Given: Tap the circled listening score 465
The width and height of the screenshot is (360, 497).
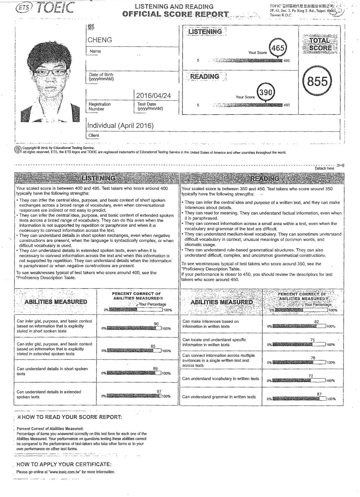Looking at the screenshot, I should [x=278, y=48].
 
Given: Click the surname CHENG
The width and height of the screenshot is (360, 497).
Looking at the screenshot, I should [x=100, y=40].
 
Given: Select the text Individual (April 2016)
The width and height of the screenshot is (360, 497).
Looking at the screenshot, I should [x=121, y=125].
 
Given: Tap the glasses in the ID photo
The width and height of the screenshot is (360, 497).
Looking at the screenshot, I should [x=46, y=73].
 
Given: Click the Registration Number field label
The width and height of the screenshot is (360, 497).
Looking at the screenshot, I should [x=99, y=106].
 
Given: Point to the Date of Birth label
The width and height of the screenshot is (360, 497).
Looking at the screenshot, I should [x=101, y=77].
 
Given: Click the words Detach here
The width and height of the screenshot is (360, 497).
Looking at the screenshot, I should [x=324, y=168].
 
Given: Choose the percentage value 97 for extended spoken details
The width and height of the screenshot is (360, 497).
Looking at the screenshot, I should [x=159, y=391].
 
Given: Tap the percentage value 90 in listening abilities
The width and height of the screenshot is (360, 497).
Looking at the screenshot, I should [x=156, y=324].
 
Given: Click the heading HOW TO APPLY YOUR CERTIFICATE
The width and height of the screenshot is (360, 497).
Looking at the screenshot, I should [x=64, y=464].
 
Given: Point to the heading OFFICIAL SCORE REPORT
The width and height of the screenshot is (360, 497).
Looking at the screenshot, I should [x=175, y=14].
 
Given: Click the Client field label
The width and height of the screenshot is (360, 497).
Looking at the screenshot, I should [x=94, y=135].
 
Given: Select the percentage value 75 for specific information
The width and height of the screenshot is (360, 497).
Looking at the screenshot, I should [x=313, y=340].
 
